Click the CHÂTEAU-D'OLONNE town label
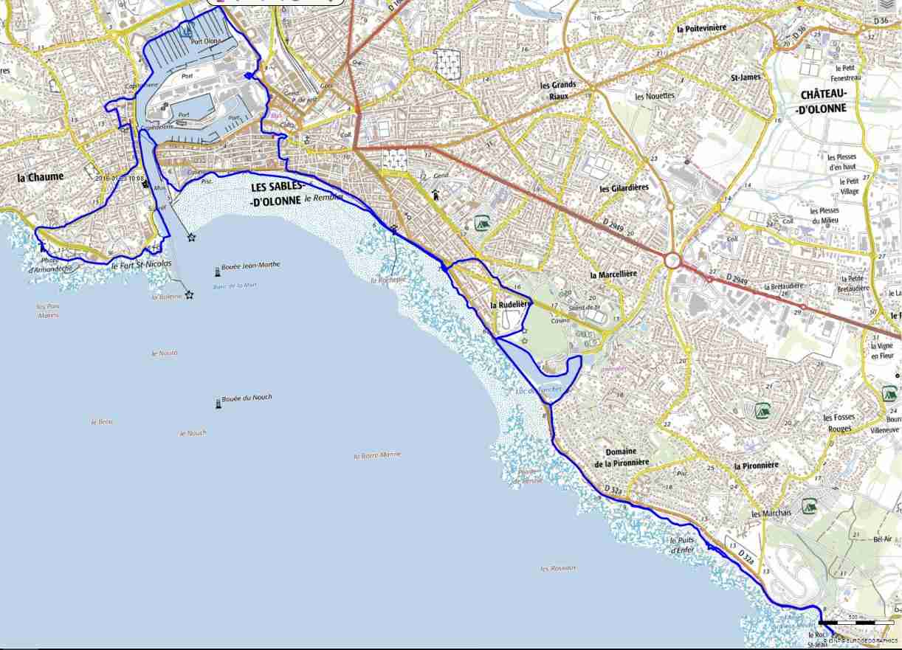click(822, 102)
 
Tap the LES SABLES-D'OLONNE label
click(275, 193)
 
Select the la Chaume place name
click(41, 177)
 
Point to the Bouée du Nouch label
click(247, 398)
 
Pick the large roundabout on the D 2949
click(672, 260)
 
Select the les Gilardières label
click(624, 188)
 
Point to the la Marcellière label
click(614, 274)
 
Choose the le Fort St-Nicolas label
click(141, 263)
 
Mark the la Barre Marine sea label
click(377, 455)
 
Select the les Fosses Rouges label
click(839, 423)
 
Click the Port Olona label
click(205, 41)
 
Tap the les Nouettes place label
click(655, 96)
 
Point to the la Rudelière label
click(510, 304)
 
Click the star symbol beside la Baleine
click(190, 295)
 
